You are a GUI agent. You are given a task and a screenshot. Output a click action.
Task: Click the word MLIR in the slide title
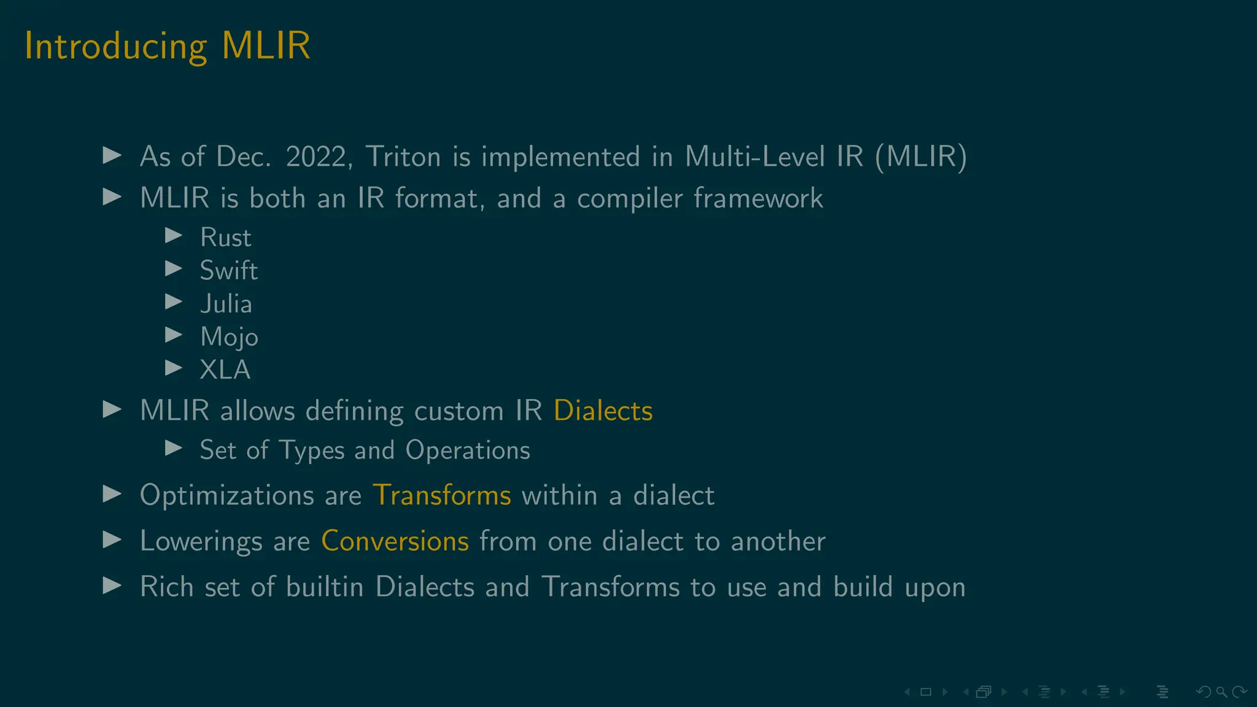coord(266,45)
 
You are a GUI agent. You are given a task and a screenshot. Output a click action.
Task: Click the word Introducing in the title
coord(116,47)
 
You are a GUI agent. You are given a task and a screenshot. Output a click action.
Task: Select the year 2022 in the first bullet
coord(316,157)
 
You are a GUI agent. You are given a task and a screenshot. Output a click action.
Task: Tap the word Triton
coord(403,157)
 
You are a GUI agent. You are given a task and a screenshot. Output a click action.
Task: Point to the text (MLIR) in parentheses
coord(921,157)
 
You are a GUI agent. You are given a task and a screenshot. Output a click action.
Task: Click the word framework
coord(758,199)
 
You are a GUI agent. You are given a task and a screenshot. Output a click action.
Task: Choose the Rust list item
coord(225,238)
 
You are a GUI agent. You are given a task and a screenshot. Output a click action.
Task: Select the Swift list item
coord(228,271)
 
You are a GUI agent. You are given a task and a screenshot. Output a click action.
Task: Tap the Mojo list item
coord(229,337)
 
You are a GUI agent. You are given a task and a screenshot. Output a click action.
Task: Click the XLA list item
coord(225,370)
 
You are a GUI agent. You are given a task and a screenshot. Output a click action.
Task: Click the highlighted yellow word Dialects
coord(603,411)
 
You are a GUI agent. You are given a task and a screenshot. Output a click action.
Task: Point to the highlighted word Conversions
coord(395,541)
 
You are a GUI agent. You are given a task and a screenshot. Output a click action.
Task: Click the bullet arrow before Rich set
coord(112,586)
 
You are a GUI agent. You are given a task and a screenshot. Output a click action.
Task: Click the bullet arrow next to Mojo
coord(174,335)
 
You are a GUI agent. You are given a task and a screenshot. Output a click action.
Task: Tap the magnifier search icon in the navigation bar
coord(1221,692)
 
